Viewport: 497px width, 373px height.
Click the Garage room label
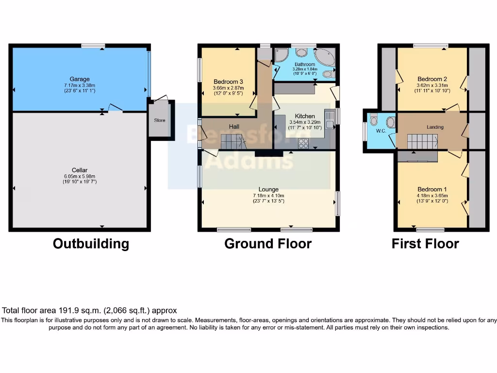80,79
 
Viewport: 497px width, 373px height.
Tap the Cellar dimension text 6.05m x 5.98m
80,176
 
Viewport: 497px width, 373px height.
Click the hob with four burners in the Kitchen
304,143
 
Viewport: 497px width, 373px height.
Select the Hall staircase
232,142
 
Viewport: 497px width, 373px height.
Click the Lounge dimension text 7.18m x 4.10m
268,196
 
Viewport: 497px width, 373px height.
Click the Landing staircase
422,141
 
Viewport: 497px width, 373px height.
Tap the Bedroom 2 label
432,79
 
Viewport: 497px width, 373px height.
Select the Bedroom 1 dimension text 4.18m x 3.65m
432,196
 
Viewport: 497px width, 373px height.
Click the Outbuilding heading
91,243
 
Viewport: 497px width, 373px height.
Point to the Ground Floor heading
268,243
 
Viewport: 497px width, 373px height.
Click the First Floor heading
425,243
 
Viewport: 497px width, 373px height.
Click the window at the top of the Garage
93,46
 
